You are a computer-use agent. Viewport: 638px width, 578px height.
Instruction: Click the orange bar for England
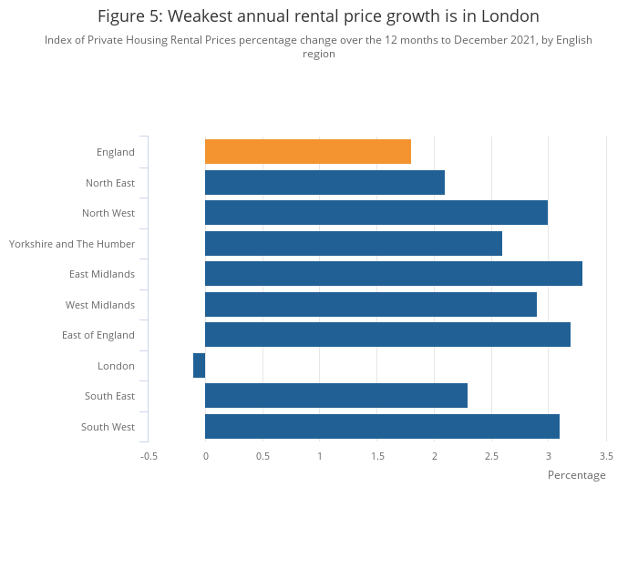click(308, 152)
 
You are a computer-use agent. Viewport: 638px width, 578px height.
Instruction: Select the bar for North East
click(324, 182)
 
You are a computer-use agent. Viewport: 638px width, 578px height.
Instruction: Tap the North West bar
click(376, 213)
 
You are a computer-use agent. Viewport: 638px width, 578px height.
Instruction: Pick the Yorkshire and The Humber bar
click(354, 243)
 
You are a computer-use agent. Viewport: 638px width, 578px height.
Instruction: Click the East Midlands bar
click(394, 274)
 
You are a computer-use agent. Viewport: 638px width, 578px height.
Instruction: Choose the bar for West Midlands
click(371, 304)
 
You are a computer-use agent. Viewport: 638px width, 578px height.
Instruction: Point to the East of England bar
click(387, 335)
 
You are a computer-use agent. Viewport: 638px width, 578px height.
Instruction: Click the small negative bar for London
click(200, 365)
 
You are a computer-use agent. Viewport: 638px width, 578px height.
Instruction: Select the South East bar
click(336, 396)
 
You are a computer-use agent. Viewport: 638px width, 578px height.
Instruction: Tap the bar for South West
click(382, 426)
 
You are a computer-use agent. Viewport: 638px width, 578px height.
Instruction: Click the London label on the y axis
click(116, 366)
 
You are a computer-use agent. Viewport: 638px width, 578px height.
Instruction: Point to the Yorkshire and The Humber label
click(72, 244)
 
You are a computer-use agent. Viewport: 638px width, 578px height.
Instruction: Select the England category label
click(116, 152)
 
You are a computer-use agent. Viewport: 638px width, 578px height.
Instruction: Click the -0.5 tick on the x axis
click(149, 456)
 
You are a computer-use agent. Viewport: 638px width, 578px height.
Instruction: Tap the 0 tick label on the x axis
click(206, 456)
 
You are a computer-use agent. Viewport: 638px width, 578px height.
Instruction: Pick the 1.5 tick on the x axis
click(377, 456)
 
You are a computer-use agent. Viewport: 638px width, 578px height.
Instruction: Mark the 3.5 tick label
click(606, 456)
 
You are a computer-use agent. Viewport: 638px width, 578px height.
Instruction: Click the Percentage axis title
click(576, 475)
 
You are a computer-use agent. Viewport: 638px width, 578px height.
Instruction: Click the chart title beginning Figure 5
click(318, 16)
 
